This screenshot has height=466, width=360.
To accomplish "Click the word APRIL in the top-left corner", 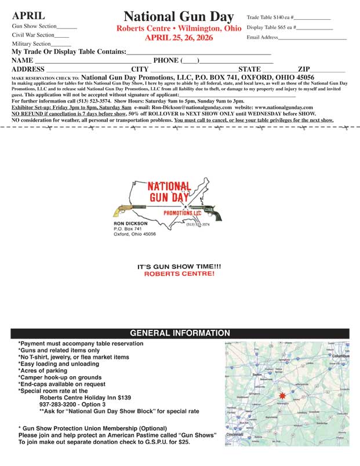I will pyautogui.click(x=28, y=16).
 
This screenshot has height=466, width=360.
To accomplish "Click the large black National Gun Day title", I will pyautogui.click(x=179, y=16).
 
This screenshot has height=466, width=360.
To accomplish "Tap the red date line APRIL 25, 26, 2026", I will pyautogui.click(x=179, y=38).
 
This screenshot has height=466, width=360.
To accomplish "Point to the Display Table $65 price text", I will pyautogui.click(x=270, y=27).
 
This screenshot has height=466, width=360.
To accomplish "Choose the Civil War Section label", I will pyautogui.click(x=33, y=35).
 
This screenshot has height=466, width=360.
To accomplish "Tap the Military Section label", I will pyautogui.click(x=34, y=43).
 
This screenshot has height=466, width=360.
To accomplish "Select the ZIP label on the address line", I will pyautogui.click(x=304, y=69).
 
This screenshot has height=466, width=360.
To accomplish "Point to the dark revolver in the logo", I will pyautogui.click(x=206, y=212).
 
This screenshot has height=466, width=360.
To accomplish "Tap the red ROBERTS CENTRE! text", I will pyautogui.click(x=179, y=273).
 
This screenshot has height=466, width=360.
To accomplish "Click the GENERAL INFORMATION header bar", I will pyautogui.click(x=180, y=333).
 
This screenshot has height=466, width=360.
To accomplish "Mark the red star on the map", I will pyautogui.click(x=283, y=395).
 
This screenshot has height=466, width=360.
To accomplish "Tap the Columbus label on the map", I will pyautogui.click(x=340, y=355).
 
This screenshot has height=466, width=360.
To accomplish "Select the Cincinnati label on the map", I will pyautogui.click(x=235, y=434).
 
